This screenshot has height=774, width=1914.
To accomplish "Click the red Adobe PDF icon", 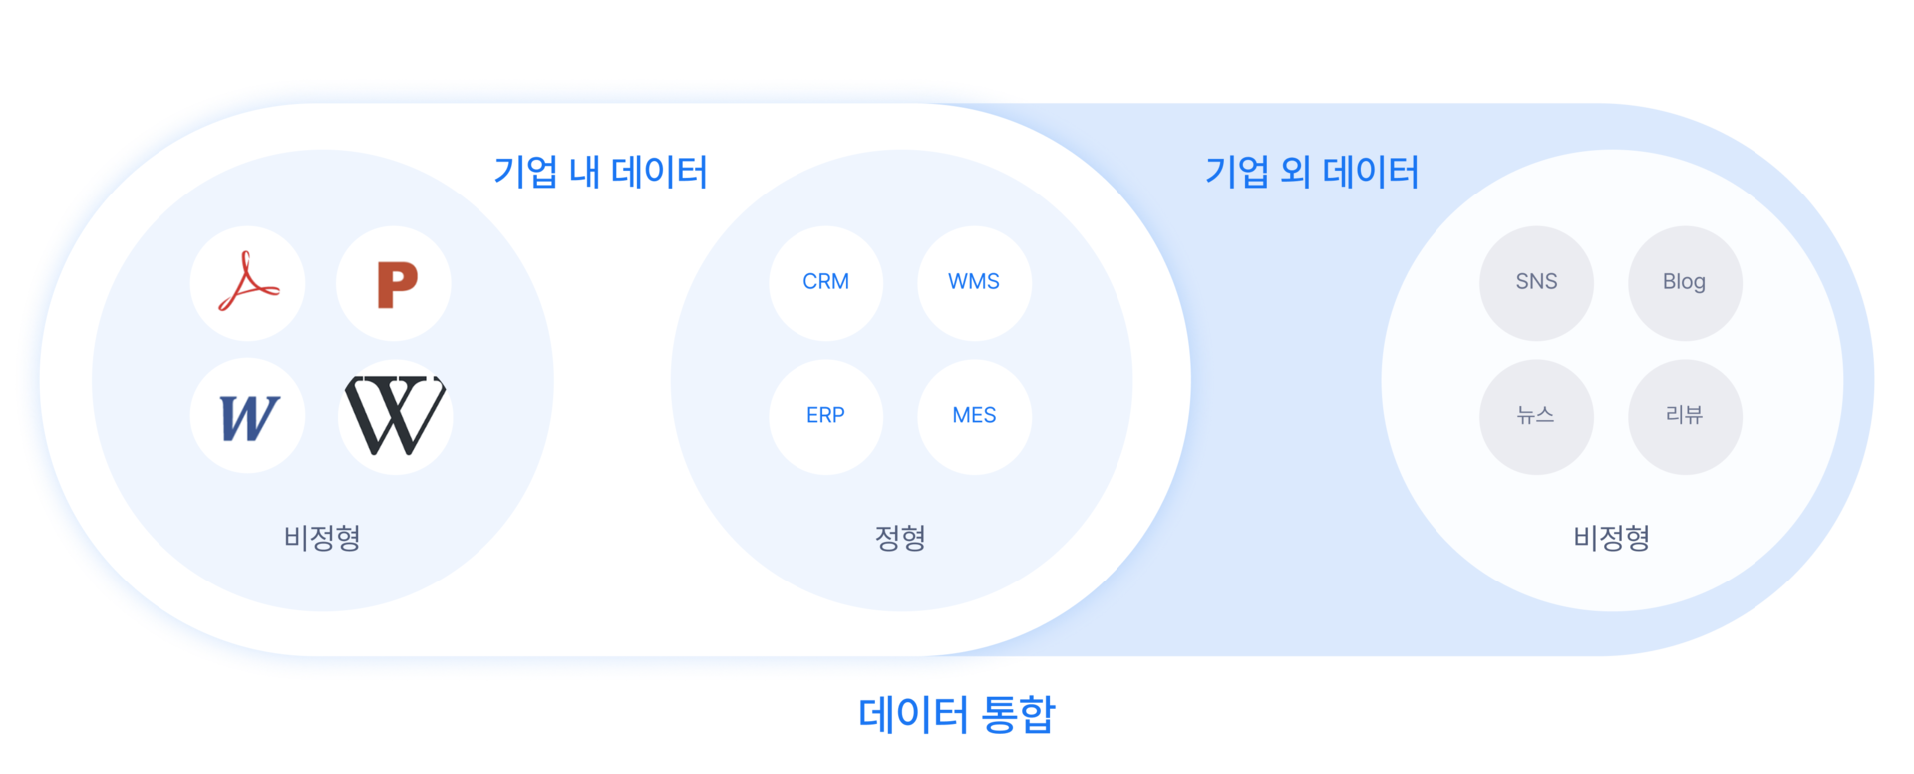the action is pyautogui.click(x=247, y=283).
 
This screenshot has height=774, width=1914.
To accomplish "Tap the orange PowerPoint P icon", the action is pyautogui.click(x=395, y=284).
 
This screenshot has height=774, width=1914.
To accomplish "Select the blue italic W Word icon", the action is pyautogui.click(x=247, y=416).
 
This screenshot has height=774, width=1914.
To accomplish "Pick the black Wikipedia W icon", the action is pyautogui.click(x=395, y=416).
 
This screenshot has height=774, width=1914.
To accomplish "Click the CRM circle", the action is pyautogui.click(x=825, y=283).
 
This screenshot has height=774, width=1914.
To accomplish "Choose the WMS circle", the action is pyautogui.click(x=974, y=283).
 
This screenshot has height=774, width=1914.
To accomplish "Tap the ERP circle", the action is pyautogui.click(x=825, y=416).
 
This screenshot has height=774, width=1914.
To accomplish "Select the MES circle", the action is pyautogui.click(x=974, y=416).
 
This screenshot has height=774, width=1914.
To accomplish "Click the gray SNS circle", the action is pyautogui.click(x=1536, y=283).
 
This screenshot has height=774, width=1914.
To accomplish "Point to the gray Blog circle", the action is pyautogui.click(x=1685, y=283).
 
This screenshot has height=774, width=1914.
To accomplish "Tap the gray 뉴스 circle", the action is pyautogui.click(x=1536, y=416).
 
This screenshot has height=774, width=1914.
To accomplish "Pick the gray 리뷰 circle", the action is pyautogui.click(x=1685, y=416).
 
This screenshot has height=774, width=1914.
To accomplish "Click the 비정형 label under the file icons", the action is pyautogui.click(x=322, y=538).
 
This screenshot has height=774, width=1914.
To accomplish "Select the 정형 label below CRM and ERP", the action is pyautogui.click(x=900, y=538).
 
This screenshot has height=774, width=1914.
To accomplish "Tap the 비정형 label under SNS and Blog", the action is pyautogui.click(x=1611, y=538).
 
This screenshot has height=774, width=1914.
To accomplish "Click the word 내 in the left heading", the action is pyautogui.click(x=584, y=172).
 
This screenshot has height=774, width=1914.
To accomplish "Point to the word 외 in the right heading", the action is pyautogui.click(x=1295, y=172).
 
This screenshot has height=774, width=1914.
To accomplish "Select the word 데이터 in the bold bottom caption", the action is pyautogui.click(x=912, y=714).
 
